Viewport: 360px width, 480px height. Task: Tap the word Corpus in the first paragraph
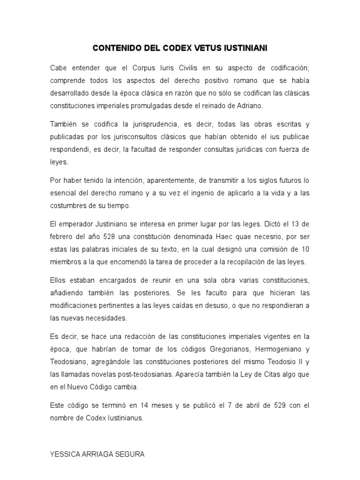point(151,68)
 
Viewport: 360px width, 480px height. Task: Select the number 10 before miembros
point(305,249)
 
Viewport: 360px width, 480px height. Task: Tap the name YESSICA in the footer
point(64,454)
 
